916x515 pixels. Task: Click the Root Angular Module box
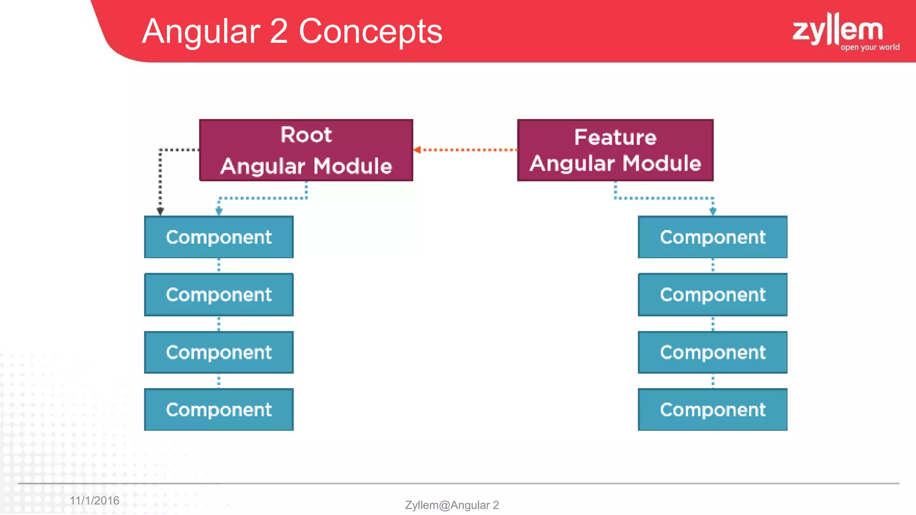click(x=306, y=150)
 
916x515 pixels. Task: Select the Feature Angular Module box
click(x=615, y=150)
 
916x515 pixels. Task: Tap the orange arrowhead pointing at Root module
click(x=417, y=150)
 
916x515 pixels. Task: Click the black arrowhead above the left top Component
click(x=160, y=211)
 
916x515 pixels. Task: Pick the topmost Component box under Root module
click(x=219, y=237)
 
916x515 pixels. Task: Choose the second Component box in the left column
click(x=219, y=295)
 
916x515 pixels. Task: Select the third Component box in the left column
click(x=219, y=352)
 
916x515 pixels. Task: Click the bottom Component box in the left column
click(x=219, y=409)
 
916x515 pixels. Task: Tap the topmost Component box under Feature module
click(x=712, y=237)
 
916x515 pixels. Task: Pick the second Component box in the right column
click(x=712, y=295)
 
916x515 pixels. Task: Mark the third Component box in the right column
click(x=712, y=352)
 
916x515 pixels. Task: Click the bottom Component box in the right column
click(x=712, y=409)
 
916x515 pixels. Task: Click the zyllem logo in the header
click(x=838, y=30)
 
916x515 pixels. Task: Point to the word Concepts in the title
click(x=370, y=31)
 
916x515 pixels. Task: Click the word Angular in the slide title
click(x=201, y=32)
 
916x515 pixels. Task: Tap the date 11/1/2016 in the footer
click(x=94, y=500)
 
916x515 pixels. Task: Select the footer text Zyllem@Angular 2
click(x=452, y=505)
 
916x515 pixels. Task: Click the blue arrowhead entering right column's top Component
click(x=713, y=211)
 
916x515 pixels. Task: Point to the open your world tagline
click(x=870, y=47)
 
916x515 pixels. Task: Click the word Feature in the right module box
click(x=615, y=137)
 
